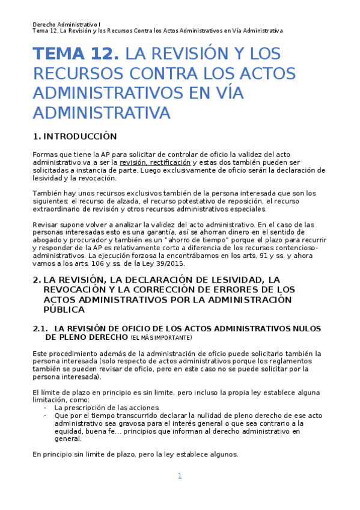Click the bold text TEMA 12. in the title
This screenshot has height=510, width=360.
[x=75, y=55]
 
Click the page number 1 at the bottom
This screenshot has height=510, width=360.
[x=179, y=476]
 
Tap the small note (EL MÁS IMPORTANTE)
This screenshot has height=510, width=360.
[x=161, y=338]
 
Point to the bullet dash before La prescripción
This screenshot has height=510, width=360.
[x=46, y=407]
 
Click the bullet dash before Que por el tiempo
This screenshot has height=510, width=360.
[x=46, y=416]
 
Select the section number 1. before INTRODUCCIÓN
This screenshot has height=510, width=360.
[x=37, y=137]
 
